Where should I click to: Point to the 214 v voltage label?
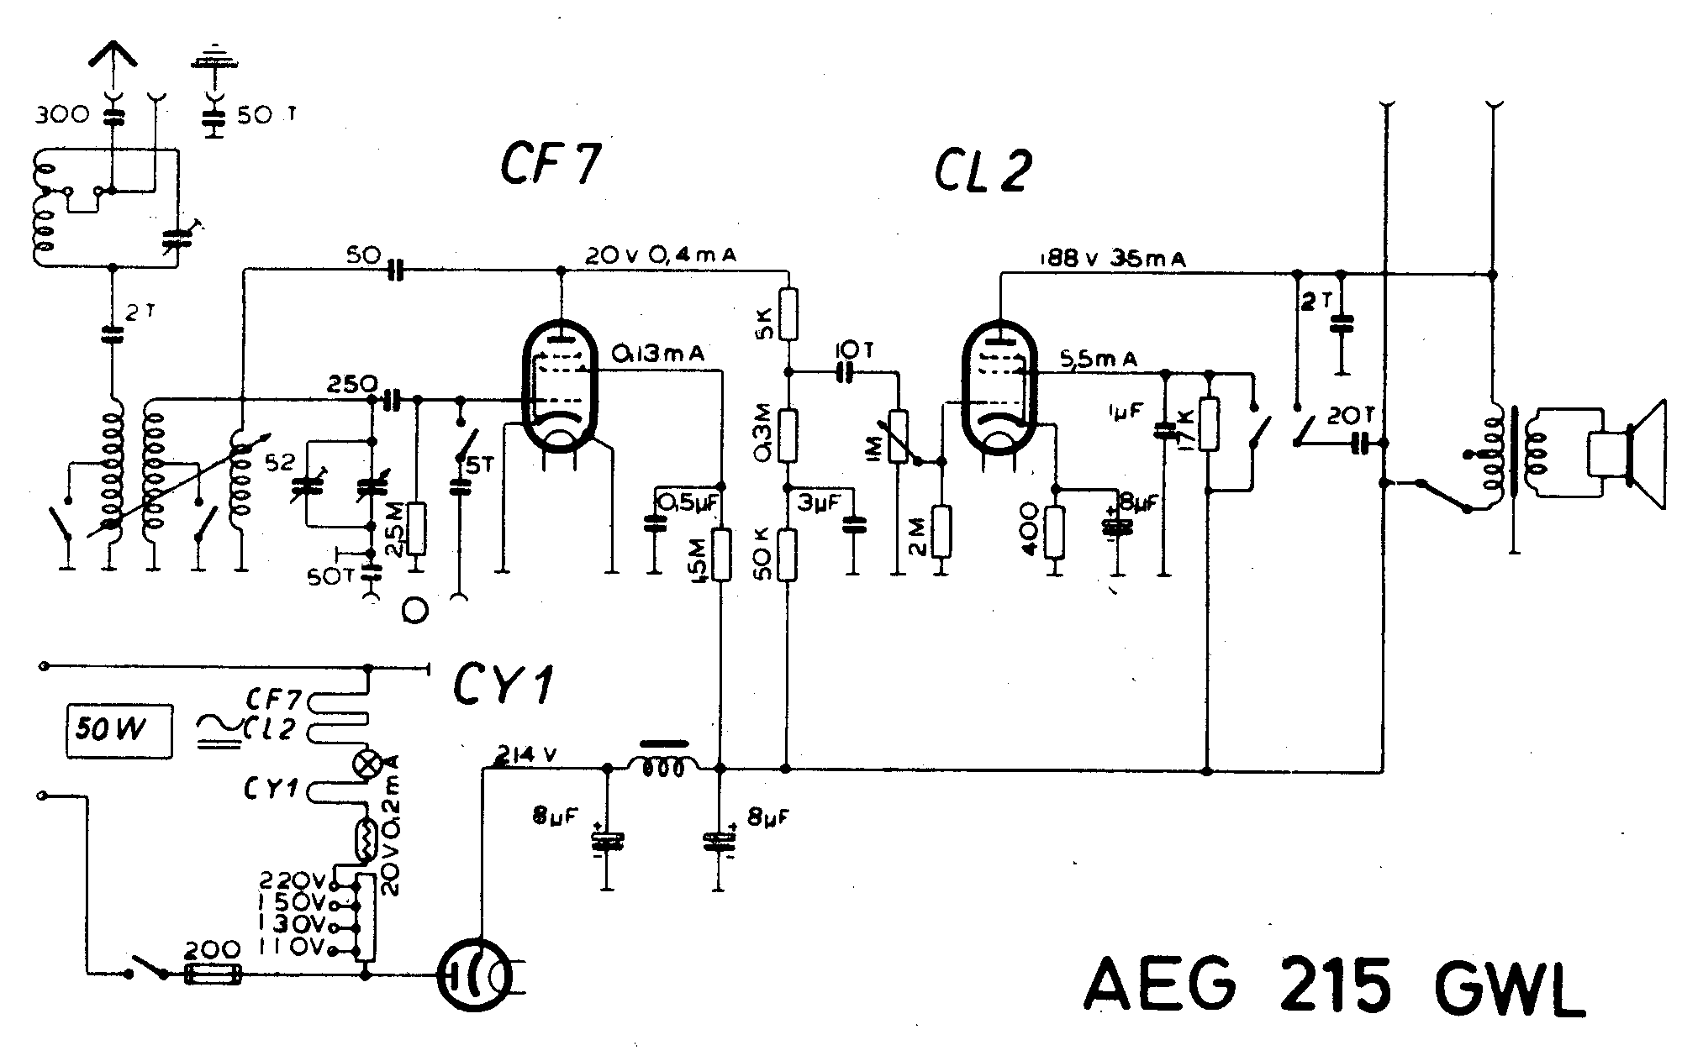527,754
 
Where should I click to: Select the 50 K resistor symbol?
787,555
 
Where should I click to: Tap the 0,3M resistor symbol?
788,434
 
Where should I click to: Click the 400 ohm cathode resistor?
1055,533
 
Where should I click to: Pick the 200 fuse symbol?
213,974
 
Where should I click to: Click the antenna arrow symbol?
113,59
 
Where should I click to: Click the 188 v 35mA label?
1105,259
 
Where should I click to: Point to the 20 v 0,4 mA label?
660,256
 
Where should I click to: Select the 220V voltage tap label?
299,881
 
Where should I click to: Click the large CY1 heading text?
504,688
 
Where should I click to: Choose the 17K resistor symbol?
1209,424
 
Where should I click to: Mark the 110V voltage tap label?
299,948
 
